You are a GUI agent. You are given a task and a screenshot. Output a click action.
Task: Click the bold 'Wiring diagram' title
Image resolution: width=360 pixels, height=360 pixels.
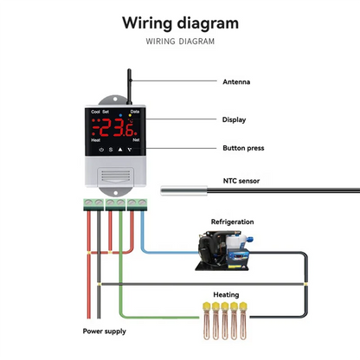tap(179, 22)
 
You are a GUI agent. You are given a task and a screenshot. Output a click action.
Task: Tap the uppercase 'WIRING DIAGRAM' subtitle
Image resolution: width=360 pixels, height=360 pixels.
tap(179, 41)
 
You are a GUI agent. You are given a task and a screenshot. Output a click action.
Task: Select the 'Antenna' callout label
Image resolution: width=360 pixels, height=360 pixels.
tap(236, 82)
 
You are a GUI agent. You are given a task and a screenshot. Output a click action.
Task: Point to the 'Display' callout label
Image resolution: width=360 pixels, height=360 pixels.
tap(234, 120)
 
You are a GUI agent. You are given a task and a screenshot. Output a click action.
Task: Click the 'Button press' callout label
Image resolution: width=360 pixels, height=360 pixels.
tap(242, 148)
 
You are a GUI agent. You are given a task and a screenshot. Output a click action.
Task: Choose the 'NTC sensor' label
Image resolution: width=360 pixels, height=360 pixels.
tap(241, 181)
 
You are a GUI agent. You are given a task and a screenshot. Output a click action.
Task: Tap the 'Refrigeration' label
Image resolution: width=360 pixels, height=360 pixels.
tap(233, 222)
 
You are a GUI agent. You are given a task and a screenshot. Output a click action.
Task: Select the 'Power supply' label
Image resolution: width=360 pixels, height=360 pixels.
tap(103, 331)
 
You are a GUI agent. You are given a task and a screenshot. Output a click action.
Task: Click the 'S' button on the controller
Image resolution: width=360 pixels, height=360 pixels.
tap(110, 150)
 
